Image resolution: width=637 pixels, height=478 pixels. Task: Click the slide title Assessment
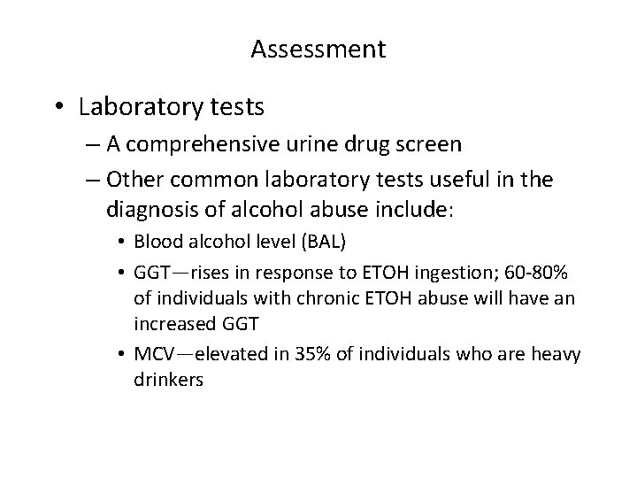[x=318, y=50]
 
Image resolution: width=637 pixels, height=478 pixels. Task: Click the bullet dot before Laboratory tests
[x=58, y=108]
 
